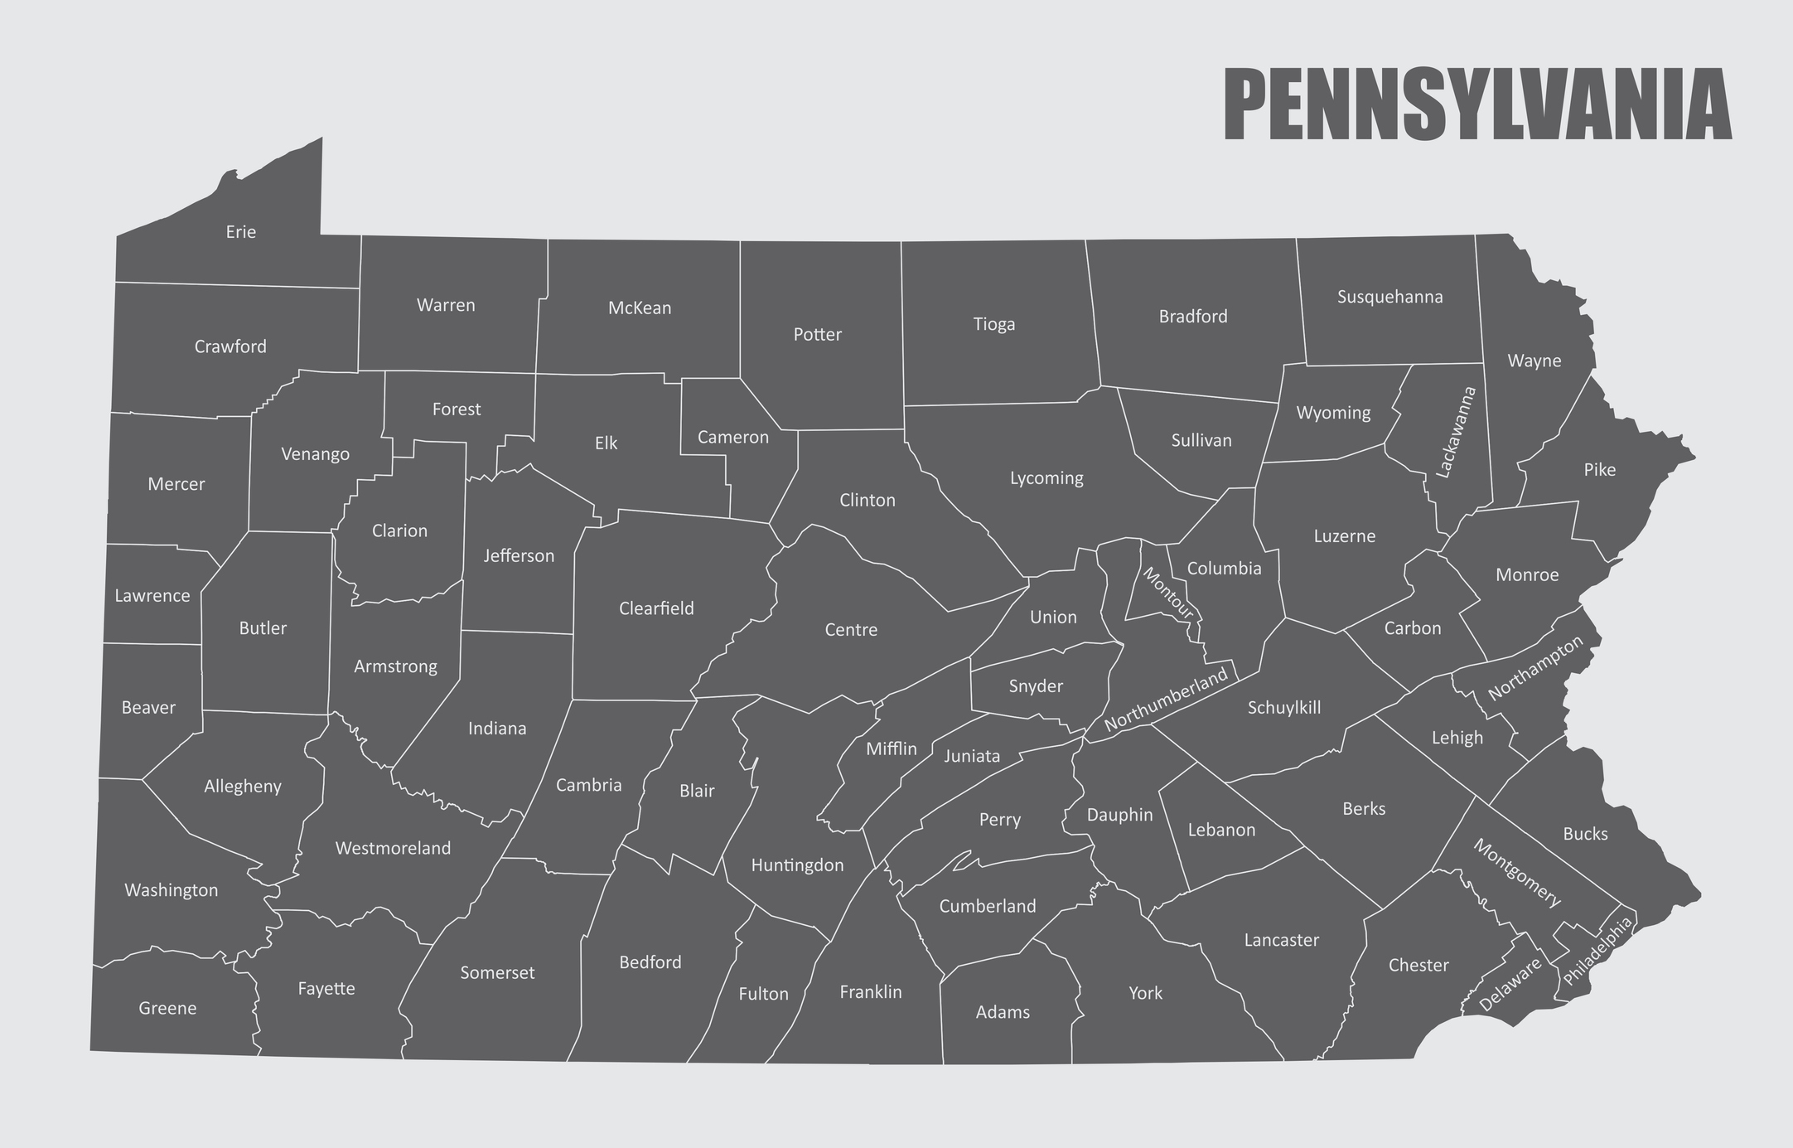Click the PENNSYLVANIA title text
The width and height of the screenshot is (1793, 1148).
tap(1477, 105)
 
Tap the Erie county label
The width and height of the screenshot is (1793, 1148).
tap(241, 232)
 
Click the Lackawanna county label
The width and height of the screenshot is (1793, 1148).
tap(1456, 432)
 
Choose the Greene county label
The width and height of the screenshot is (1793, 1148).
tap(167, 1009)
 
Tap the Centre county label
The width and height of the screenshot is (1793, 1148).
tap(851, 630)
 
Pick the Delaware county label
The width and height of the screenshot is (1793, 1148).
tap(1510, 984)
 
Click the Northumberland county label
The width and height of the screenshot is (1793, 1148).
tap(1166, 700)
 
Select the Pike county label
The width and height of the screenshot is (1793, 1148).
tap(1599, 470)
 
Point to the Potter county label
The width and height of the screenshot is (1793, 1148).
tap(817, 335)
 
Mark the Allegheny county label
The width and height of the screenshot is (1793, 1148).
tap(243, 787)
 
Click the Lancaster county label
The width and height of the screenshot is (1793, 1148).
tap(1281, 940)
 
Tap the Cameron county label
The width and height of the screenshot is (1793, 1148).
tap(732, 438)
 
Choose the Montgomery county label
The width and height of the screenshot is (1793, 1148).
tap(1517, 873)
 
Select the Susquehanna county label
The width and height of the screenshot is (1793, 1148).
tap(1389, 297)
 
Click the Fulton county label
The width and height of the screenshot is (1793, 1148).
tap(763, 994)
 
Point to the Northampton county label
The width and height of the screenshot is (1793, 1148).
tap(1535, 668)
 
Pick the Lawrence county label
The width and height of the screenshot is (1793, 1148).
tap(152, 596)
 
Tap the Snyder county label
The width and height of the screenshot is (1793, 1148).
tap(1036, 686)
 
